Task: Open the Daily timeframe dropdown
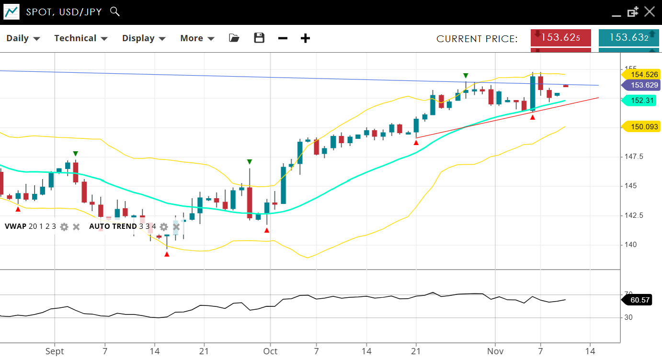coord(23,38)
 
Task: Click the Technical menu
coord(80,38)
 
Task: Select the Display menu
coord(144,38)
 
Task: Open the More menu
coord(197,38)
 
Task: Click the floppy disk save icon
coord(259,38)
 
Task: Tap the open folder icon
coord(234,38)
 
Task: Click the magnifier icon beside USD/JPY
coord(114,11)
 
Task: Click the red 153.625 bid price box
coord(560,37)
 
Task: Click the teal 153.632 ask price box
coord(628,37)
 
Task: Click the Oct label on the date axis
coord(271,351)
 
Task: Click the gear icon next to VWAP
coord(64,226)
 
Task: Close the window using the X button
coord(649,11)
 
